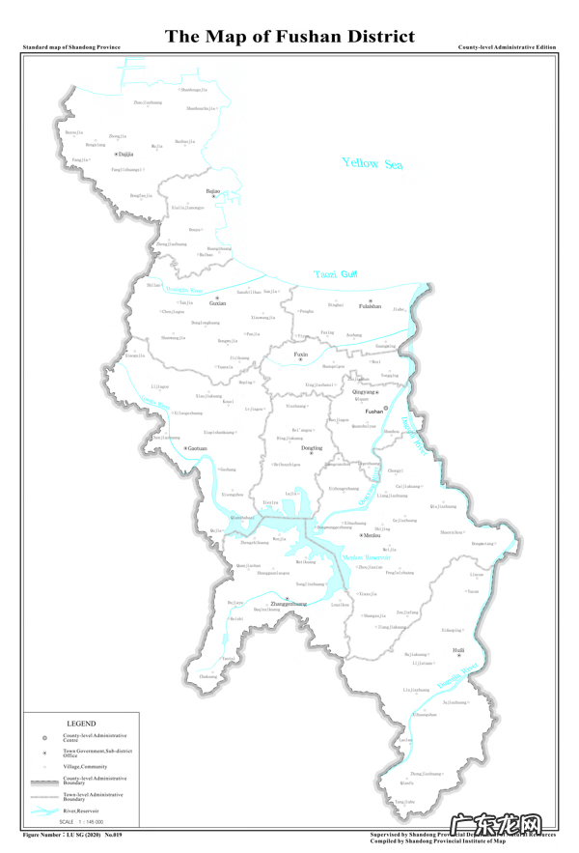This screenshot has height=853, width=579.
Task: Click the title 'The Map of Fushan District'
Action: pos(289,37)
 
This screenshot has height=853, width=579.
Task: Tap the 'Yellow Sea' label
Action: pos(372,164)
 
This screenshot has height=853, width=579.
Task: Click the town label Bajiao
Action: pos(213,191)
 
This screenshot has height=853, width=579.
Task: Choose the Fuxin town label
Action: pos(301,355)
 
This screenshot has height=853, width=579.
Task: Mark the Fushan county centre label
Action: pos(375,411)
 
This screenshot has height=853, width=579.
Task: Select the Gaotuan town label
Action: pos(197,448)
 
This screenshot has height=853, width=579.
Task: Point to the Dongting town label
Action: pos(312,448)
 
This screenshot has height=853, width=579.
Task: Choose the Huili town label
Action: pos(458,650)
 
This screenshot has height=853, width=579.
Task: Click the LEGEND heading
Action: pos(81,723)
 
